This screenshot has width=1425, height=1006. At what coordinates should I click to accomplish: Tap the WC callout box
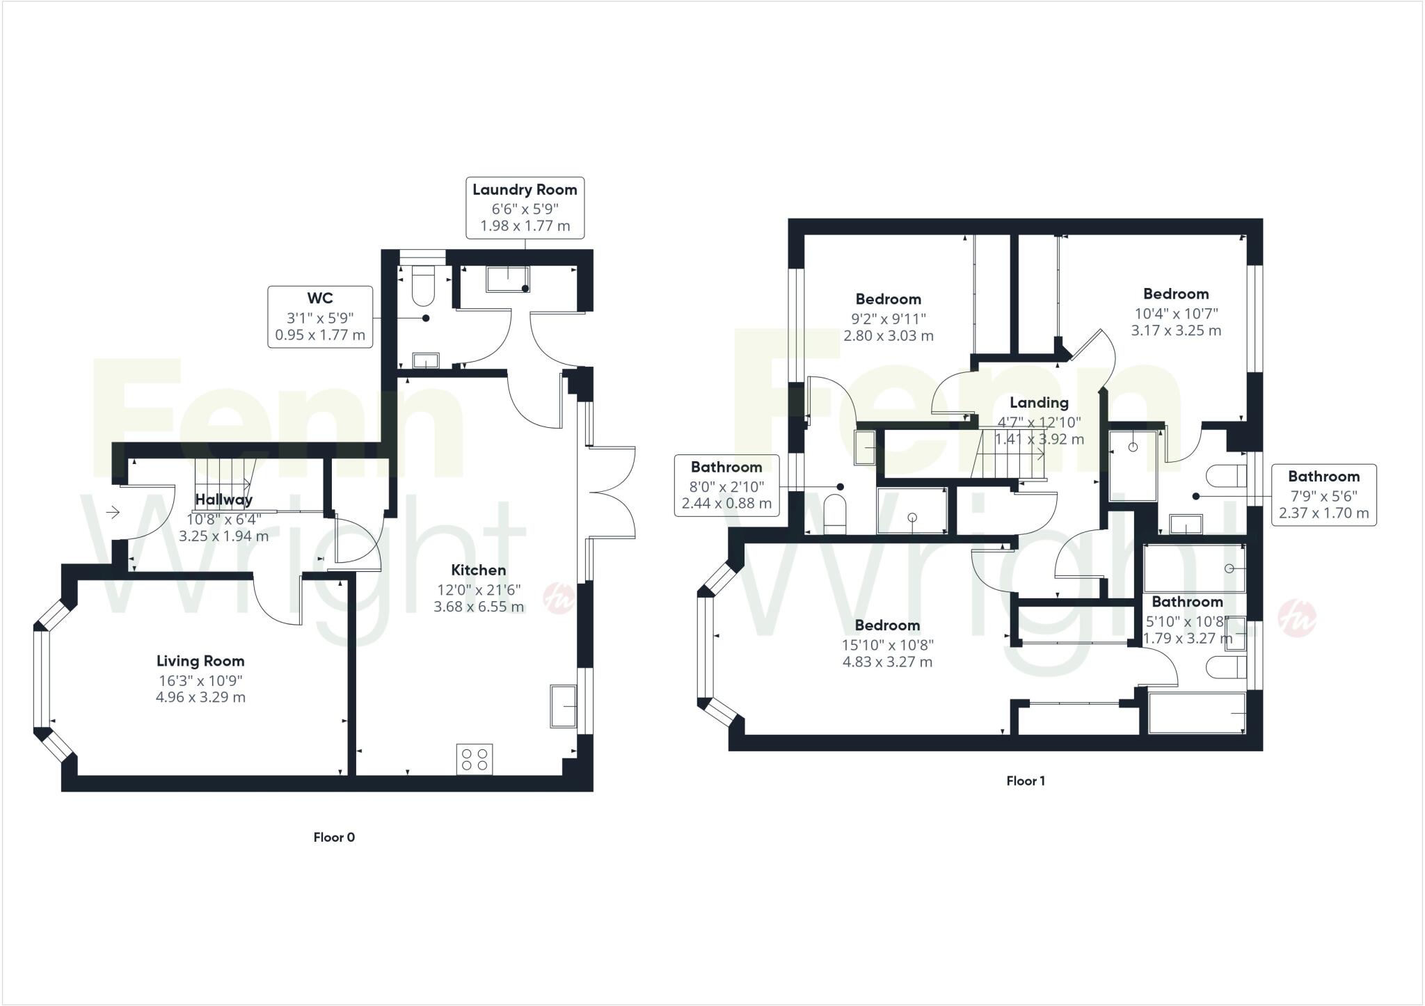[x=320, y=317]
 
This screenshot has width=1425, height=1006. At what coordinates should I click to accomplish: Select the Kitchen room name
[x=478, y=570]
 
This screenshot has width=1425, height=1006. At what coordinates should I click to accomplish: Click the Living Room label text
[x=200, y=661]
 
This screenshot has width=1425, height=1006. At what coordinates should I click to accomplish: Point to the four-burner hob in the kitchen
[x=475, y=759]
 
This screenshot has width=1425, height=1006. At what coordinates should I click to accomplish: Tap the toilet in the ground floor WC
[x=422, y=289]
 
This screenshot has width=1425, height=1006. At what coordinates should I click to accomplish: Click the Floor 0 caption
[x=334, y=837]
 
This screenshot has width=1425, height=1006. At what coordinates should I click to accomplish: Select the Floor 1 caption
[x=1026, y=781]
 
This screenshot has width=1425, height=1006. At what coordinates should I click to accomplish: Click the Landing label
[x=1039, y=402]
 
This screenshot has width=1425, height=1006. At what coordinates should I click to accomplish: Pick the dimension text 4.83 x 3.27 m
[x=887, y=662]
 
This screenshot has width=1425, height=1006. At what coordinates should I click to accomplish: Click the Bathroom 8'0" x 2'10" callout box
[x=726, y=485]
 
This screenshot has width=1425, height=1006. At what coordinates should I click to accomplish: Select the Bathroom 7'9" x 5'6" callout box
[x=1323, y=495]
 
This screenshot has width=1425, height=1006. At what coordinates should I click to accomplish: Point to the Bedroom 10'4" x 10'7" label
[x=1176, y=294]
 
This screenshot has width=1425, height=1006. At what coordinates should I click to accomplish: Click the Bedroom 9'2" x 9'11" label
[x=889, y=300]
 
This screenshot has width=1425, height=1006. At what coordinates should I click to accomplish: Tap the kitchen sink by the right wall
[x=563, y=706]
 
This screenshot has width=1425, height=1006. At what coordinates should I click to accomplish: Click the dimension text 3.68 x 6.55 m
[x=479, y=607]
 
